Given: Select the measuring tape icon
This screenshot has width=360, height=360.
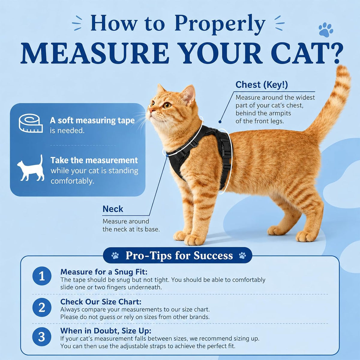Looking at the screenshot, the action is tap(31, 123).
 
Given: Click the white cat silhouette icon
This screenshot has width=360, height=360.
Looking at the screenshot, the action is tap(31, 168).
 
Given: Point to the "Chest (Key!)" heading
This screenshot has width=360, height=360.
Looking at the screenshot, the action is tap(262, 85).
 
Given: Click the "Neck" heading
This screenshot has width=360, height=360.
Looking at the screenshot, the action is tap(113, 209).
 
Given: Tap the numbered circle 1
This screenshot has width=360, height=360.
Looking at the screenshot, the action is tap(42, 276).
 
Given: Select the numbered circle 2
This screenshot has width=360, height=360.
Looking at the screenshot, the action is tap(42, 307).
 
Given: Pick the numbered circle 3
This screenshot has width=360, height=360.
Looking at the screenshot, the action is tap(42, 337).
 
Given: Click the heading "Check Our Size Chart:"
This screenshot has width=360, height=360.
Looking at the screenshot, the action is tap(101, 302).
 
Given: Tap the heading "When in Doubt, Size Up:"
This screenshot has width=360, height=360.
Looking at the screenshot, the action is tap(106, 331).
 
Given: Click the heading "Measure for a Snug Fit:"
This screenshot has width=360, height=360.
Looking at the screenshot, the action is tap(104, 272).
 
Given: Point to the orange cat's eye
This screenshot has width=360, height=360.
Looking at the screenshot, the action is tap(167, 105).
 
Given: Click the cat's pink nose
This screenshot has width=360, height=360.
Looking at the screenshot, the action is tap(151, 110).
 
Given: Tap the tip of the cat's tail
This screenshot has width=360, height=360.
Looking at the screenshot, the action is tap(343, 67).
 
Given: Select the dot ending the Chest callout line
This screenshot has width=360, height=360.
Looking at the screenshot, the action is tap(220, 122).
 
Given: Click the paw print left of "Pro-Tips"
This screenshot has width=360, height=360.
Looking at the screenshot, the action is tap(115, 255).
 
